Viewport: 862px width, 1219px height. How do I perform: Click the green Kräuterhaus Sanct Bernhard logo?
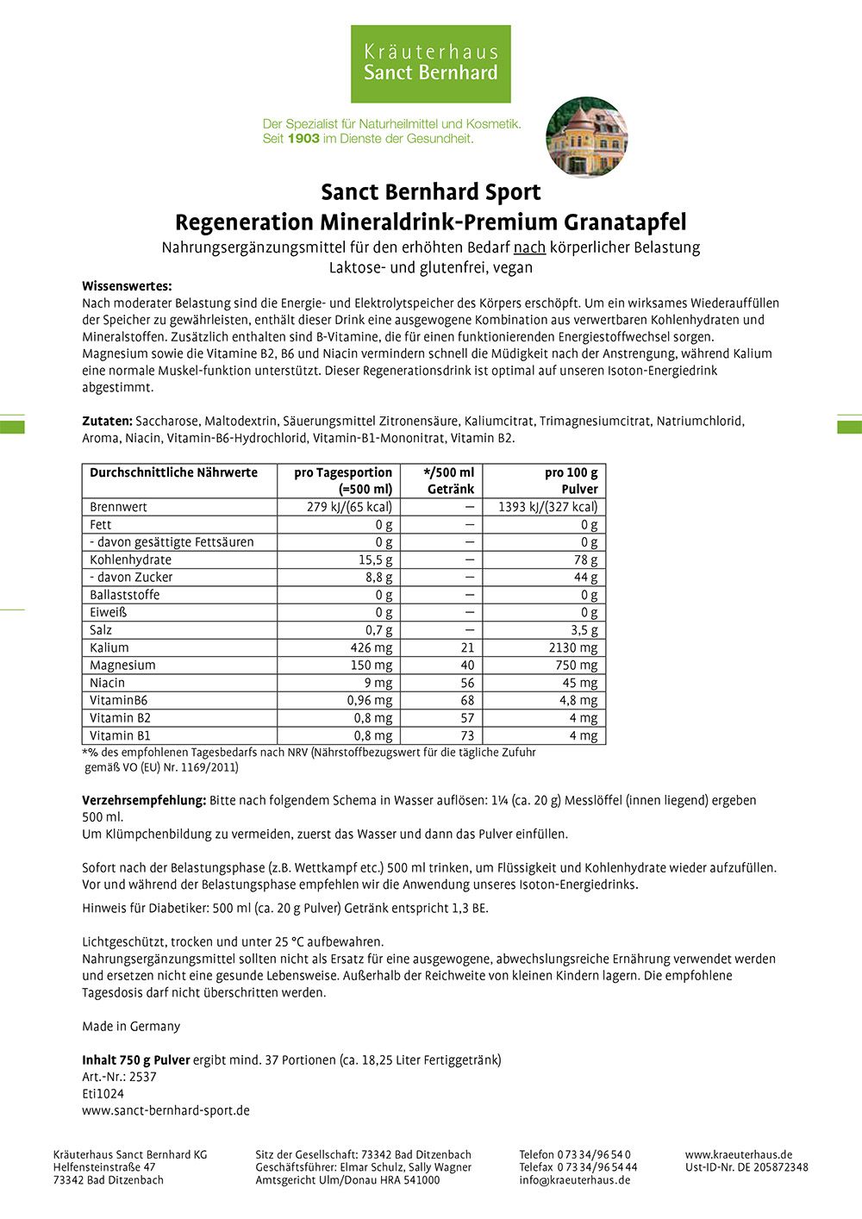pyautogui.click(x=430, y=64)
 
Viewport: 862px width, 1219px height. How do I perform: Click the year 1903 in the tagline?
pyautogui.click(x=303, y=138)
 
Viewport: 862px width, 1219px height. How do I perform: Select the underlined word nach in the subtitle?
pyautogui.click(x=529, y=247)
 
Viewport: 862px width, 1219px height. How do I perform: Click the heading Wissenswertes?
pyautogui.click(x=127, y=286)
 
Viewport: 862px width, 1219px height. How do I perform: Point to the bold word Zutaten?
pyautogui.click(x=107, y=422)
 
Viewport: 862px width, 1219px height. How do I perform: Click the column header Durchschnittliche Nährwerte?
pyautogui.click(x=173, y=472)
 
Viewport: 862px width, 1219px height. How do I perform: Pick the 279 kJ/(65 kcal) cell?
pyautogui.click(x=349, y=507)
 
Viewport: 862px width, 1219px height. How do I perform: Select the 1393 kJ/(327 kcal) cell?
pyautogui.click(x=547, y=507)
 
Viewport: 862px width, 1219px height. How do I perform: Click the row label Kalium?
pyautogui.click(x=109, y=647)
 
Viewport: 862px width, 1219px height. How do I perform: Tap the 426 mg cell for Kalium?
pyautogui.click(x=372, y=647)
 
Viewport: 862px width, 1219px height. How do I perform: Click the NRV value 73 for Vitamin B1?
pyautogui.click(x=467, y=735)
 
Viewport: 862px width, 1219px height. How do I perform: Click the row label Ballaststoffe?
pyautogui.click(x=125, y=595)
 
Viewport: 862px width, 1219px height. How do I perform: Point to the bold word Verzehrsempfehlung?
pyautogui.click(x=144, y=800)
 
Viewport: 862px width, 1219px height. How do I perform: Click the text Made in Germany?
pyautogui.click(x=131, y=1026)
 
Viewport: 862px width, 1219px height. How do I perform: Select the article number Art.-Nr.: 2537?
pyautogui.click(x=119, y=1077)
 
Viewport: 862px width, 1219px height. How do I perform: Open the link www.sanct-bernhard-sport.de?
pyautogui.click(x=166, y=1110)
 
